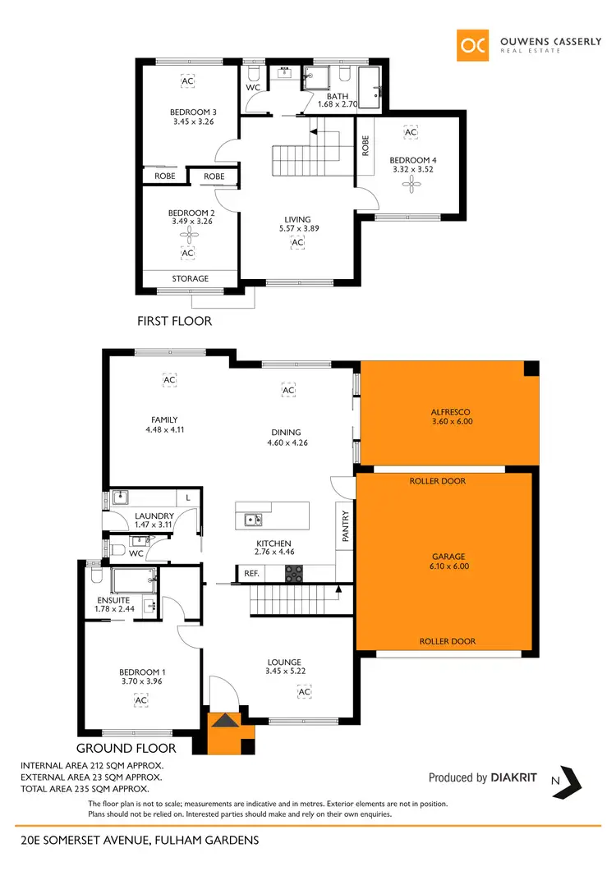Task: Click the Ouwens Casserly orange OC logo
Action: [474, 44]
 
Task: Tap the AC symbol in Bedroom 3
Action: [187, 81]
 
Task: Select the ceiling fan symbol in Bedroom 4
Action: [411, 185]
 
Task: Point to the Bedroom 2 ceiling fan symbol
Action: [187, 235]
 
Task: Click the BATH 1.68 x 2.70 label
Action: [338, 100]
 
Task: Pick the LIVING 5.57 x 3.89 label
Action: [297, 224]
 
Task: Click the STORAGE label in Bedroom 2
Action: [190, 279]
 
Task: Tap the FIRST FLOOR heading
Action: [174, 321]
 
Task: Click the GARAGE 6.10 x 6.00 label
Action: [448, 561]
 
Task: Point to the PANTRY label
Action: [346, 527]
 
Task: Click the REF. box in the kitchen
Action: [251, 575]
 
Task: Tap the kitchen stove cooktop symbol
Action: [295, 574]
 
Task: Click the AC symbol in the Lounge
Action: [304, 692]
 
